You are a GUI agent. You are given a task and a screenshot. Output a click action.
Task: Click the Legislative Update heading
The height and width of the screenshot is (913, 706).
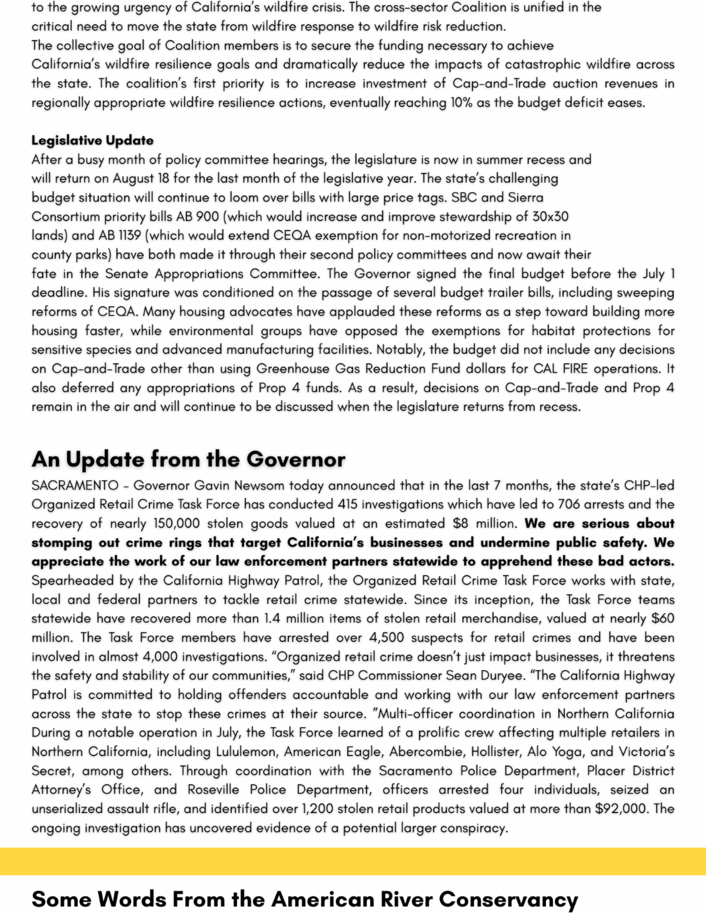[92, 141]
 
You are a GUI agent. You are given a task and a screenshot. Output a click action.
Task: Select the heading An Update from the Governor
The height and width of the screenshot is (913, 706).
[188, 459]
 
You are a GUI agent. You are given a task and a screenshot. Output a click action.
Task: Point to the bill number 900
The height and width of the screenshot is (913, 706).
[208, 216]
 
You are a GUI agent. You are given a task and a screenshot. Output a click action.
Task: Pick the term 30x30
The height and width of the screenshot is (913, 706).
[550, 216]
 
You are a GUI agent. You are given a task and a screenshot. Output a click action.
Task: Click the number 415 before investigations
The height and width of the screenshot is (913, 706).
[348, 504]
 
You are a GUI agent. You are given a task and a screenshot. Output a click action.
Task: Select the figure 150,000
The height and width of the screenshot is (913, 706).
[176, 524]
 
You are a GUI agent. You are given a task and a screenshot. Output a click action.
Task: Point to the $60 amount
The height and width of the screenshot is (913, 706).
[662, 618]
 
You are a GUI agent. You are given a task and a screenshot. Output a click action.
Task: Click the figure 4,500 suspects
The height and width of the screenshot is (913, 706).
[387, 638]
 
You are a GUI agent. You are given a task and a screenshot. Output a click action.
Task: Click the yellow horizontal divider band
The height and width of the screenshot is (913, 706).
[353, 861]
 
